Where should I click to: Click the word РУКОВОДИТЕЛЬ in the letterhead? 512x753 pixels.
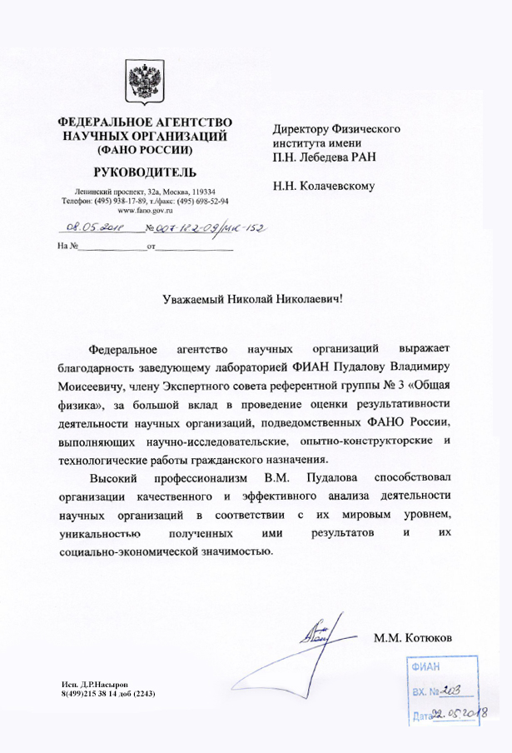click(146, 172)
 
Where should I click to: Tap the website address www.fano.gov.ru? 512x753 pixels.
click(145, 211)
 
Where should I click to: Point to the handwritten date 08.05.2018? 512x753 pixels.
click(89, 227)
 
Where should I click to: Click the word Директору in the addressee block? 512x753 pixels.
click(301, 129)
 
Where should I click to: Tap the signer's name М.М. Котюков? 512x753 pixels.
click(413, 639)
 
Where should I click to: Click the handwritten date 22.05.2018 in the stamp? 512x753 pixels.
click(461, 712)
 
